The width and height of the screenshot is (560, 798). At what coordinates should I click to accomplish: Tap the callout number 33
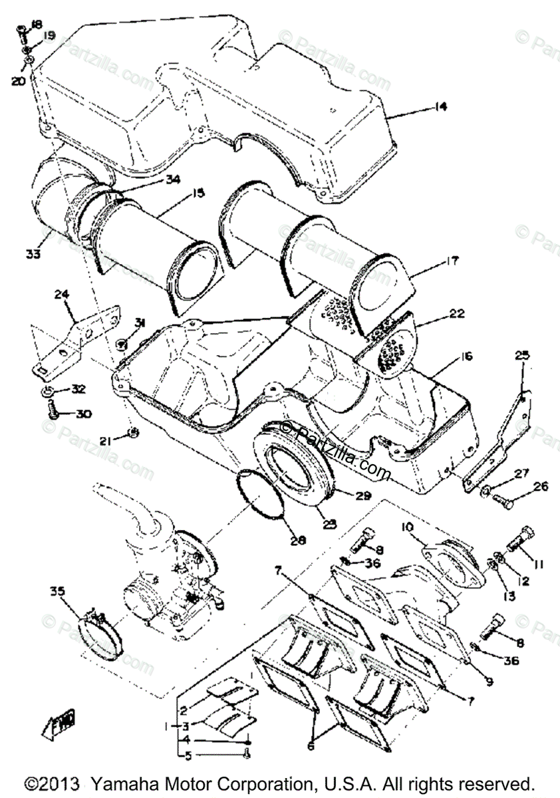click(x=33, y=254)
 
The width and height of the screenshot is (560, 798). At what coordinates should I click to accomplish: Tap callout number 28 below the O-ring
click(x=297, y=541)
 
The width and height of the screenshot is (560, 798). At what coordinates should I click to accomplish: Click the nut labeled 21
click(x=132, y=433)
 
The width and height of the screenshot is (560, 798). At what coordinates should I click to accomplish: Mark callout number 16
click(x=464, y=358)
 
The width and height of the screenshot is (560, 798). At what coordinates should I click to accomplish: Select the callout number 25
click(x=522, y=356)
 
